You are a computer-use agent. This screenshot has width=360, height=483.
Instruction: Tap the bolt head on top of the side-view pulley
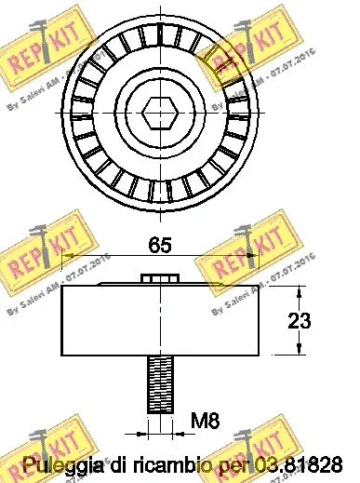pos(160,277)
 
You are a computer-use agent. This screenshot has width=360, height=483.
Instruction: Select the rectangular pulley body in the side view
pos(160,322)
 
